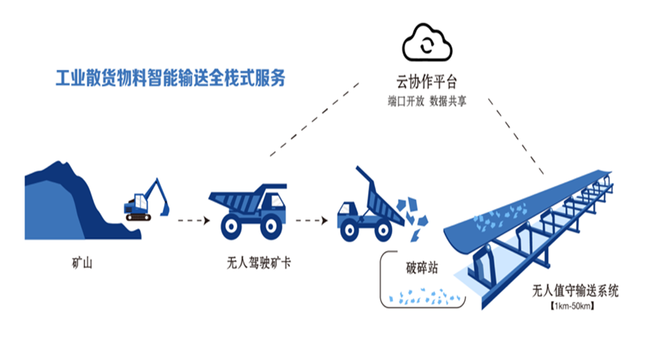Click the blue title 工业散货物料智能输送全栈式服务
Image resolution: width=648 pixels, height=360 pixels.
coord(171,77)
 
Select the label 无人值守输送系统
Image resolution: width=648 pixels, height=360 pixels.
coord(575,292)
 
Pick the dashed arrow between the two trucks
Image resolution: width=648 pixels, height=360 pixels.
coord(310,220)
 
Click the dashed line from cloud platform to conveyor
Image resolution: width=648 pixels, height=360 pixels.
coord(516,138)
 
